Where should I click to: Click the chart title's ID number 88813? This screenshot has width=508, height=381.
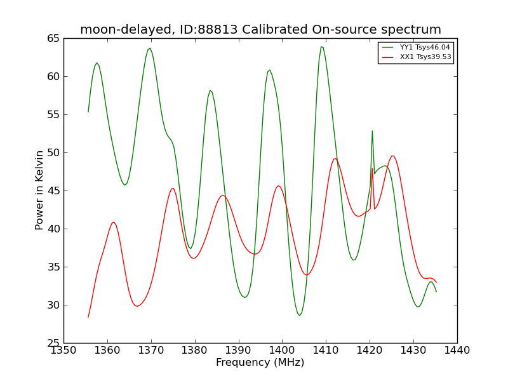(217, 29)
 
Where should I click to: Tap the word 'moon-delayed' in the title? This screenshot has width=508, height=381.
(126, 29)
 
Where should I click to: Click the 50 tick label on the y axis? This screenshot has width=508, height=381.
(53, 152)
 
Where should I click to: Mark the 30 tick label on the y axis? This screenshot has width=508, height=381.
(53, 305)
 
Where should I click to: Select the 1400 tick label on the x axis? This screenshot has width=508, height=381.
(282, 351)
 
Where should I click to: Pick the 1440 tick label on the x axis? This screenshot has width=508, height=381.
(457, 351)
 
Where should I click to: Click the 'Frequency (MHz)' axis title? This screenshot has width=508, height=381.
(260, 362)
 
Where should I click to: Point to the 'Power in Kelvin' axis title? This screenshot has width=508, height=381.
(39, 190)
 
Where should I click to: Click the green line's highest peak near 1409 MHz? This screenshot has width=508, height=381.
(321, 46)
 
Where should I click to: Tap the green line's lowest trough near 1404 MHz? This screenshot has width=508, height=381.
(300, 316)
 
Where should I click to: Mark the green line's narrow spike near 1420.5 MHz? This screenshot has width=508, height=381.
(372, 131)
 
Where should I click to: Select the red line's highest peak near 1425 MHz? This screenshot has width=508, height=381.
(392, 156)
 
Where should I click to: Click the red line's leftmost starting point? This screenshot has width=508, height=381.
(88, 317)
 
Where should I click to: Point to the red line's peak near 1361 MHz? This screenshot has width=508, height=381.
(114, 222)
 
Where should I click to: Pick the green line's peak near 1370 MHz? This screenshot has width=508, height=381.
(150, 48)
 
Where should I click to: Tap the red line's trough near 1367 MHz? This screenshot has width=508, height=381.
(137, 306)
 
